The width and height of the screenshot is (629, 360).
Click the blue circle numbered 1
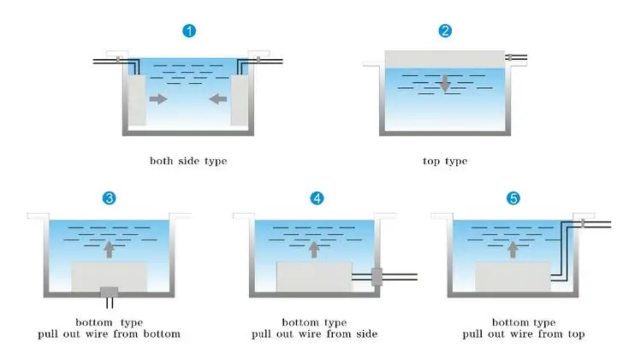189,32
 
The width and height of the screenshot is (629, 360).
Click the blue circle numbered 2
445,32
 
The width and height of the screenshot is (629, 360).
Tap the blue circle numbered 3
109,198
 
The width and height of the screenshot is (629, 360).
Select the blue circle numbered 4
317,198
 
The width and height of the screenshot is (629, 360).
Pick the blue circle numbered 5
513,198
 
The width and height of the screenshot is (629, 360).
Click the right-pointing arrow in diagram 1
158,99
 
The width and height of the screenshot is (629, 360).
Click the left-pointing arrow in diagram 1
218,99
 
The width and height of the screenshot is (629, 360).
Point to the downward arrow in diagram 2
445,85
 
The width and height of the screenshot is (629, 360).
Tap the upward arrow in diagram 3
109,249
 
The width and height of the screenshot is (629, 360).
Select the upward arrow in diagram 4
314,249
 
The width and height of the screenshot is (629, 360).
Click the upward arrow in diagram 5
513,249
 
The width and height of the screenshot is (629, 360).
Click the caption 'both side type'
188,160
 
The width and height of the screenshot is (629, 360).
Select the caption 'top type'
445,160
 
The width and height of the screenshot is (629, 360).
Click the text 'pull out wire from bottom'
109,333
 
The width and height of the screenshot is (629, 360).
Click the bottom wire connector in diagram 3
109,293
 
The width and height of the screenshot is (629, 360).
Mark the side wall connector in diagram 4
376,276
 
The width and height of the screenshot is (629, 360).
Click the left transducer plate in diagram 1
136,98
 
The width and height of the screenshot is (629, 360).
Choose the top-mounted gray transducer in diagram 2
445,58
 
